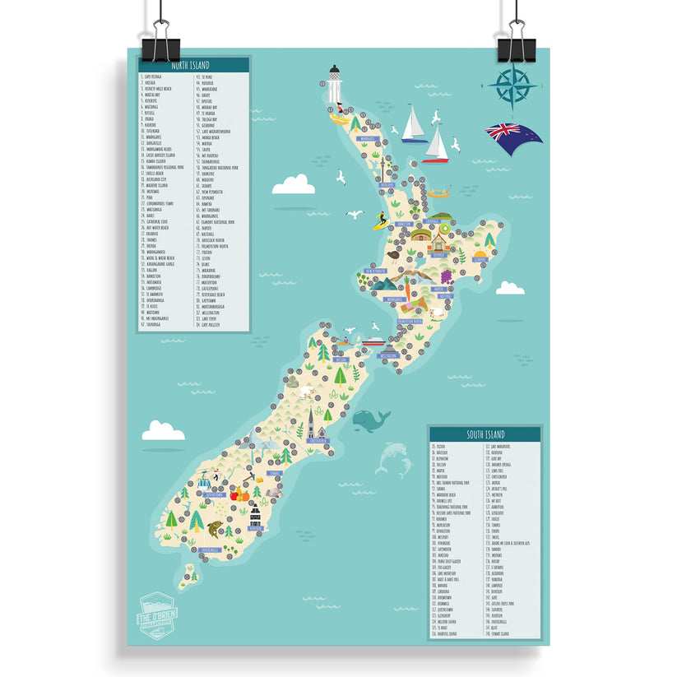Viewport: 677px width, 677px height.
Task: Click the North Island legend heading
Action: point(190,65)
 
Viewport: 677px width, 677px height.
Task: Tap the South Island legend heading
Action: point(485,434)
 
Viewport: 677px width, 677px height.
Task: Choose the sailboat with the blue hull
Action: point(414,125)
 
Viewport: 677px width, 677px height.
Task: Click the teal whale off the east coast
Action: point(371,422)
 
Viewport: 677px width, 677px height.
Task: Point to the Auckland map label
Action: point(387,186)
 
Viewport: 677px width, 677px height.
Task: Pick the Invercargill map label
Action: point(209,549)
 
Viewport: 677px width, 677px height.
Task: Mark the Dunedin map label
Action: point(276,474)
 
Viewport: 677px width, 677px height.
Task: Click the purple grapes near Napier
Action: point(449,276)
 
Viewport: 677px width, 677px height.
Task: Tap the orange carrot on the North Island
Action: point(405,284)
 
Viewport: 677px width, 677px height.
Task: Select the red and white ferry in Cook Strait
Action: point(373,342)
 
